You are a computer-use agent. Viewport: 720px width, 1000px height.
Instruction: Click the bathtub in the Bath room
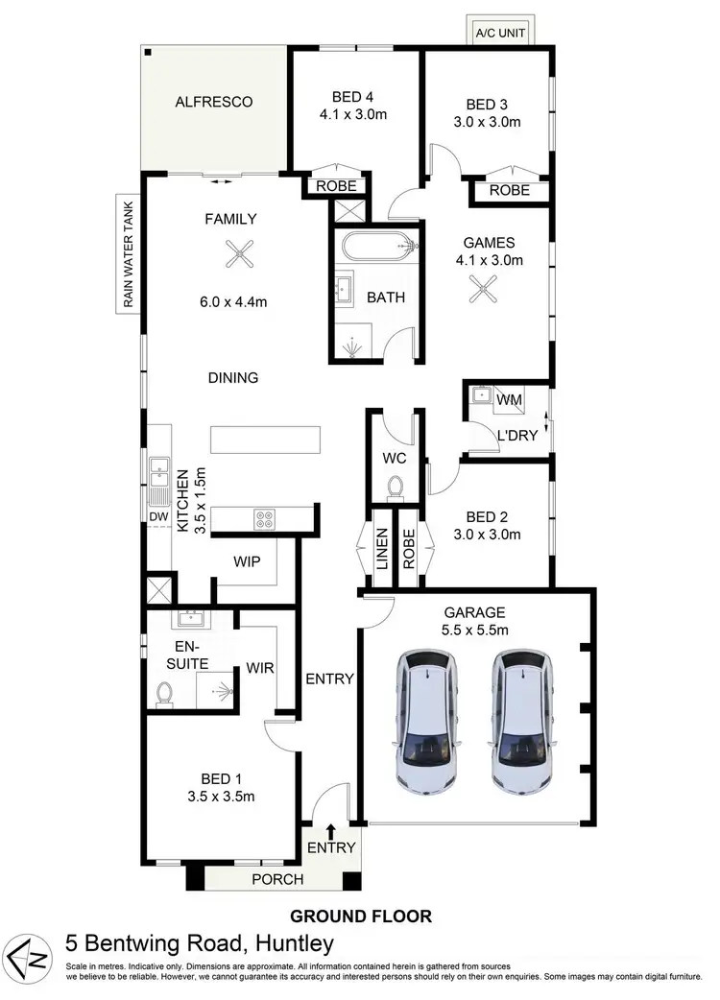coord(377,247)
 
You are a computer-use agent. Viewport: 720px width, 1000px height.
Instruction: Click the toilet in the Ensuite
coord(164,693)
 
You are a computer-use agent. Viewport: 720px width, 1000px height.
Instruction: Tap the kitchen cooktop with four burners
coord(266,519)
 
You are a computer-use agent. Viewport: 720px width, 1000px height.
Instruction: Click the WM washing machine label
coord(509,396)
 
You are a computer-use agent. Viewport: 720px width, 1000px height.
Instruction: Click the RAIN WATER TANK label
coord(125,253)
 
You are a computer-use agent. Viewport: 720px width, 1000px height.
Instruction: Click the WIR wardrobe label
coord(261,666)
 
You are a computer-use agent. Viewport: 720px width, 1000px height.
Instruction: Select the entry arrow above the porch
coord(331,830)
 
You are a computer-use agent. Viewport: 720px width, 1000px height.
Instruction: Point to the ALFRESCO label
coord(213,101)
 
